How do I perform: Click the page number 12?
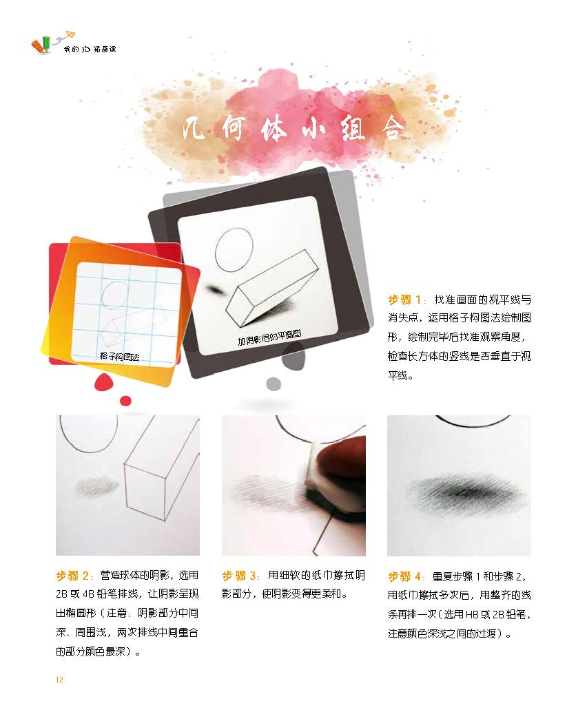pyautogui.click(x=59, y=680)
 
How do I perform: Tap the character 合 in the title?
pyautogui.click(x=393, y=129)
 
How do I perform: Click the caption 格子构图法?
pyautogui.click(x=119, y=357)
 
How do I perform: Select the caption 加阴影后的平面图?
pyautogui.click(x=269, y=338)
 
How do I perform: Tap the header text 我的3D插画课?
pyautogui.click(x=90, y=49)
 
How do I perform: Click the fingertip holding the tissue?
pyautogui.click(x=341, y=459)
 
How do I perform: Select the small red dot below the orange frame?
pyautogui.click(x=125, y=401)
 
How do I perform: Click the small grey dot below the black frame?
pyautogui.click(x=274, y=384)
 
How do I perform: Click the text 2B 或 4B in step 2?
pyautogui.click(x=75, y=594)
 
